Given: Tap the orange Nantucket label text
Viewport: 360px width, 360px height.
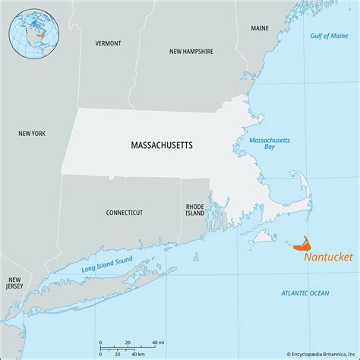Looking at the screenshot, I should coord(327,257).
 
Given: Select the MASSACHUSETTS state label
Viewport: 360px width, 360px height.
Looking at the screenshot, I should coord(160,143).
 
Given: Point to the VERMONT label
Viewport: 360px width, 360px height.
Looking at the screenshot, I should coord(108,43).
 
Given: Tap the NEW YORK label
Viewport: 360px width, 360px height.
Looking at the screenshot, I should coord(32,134).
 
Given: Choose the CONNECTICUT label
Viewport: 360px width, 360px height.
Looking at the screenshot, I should coord(125,213).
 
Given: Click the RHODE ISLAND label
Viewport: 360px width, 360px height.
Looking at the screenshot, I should coord(195,210).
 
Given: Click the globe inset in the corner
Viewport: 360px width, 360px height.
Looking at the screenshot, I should coord(33,33).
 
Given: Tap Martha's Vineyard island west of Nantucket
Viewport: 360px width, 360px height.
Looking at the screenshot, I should coord(264,237).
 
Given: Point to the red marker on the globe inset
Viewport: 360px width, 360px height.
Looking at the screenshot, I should coord(42,35).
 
